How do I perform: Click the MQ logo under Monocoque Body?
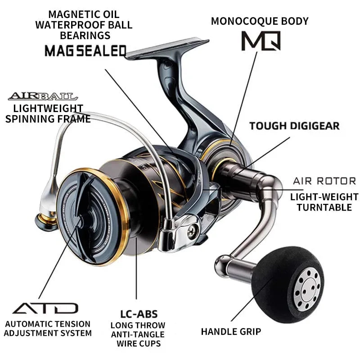[x=261, y=40]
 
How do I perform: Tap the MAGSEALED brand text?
[x=85, y=50]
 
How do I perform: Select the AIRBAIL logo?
[x=43, y=96]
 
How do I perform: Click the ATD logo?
[x=45, y=308]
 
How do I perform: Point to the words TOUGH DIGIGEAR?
[x=294, y=126]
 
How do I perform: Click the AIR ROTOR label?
[x=324, y=181]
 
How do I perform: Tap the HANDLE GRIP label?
[x=231, y=332]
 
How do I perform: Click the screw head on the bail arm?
[x=193, y=230]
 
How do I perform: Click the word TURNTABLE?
[x=324, y=207]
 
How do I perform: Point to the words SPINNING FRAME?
[x=48, y=119]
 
